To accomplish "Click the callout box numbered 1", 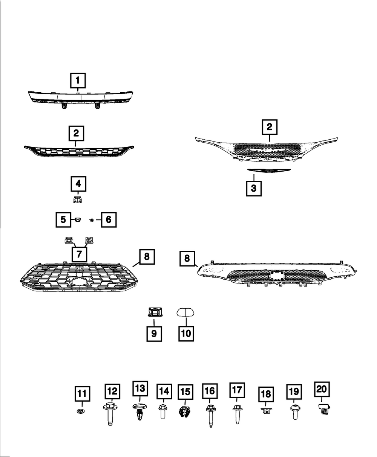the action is pos(78,81).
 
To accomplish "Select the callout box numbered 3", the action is pos(254,188).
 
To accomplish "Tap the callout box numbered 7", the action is pos(79,254).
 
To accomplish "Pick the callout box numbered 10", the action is pos(186,334).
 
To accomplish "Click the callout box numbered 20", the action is pos(322,389).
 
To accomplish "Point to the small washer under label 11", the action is pos(81,411).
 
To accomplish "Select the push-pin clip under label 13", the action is pos(139,412).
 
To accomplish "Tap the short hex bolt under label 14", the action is pos(163,411).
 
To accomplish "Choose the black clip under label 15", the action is pos(185,411).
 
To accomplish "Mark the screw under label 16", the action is pos(211,416).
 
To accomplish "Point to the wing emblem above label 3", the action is pos(269,170).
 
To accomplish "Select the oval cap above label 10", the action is pos(185,312).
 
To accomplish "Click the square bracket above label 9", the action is pos(155,312).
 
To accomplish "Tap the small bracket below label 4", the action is pos(78,200).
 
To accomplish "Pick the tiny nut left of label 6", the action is pos(92,220).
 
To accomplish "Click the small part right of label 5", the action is pos(77,220).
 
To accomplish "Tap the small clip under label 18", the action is pos(266,411).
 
